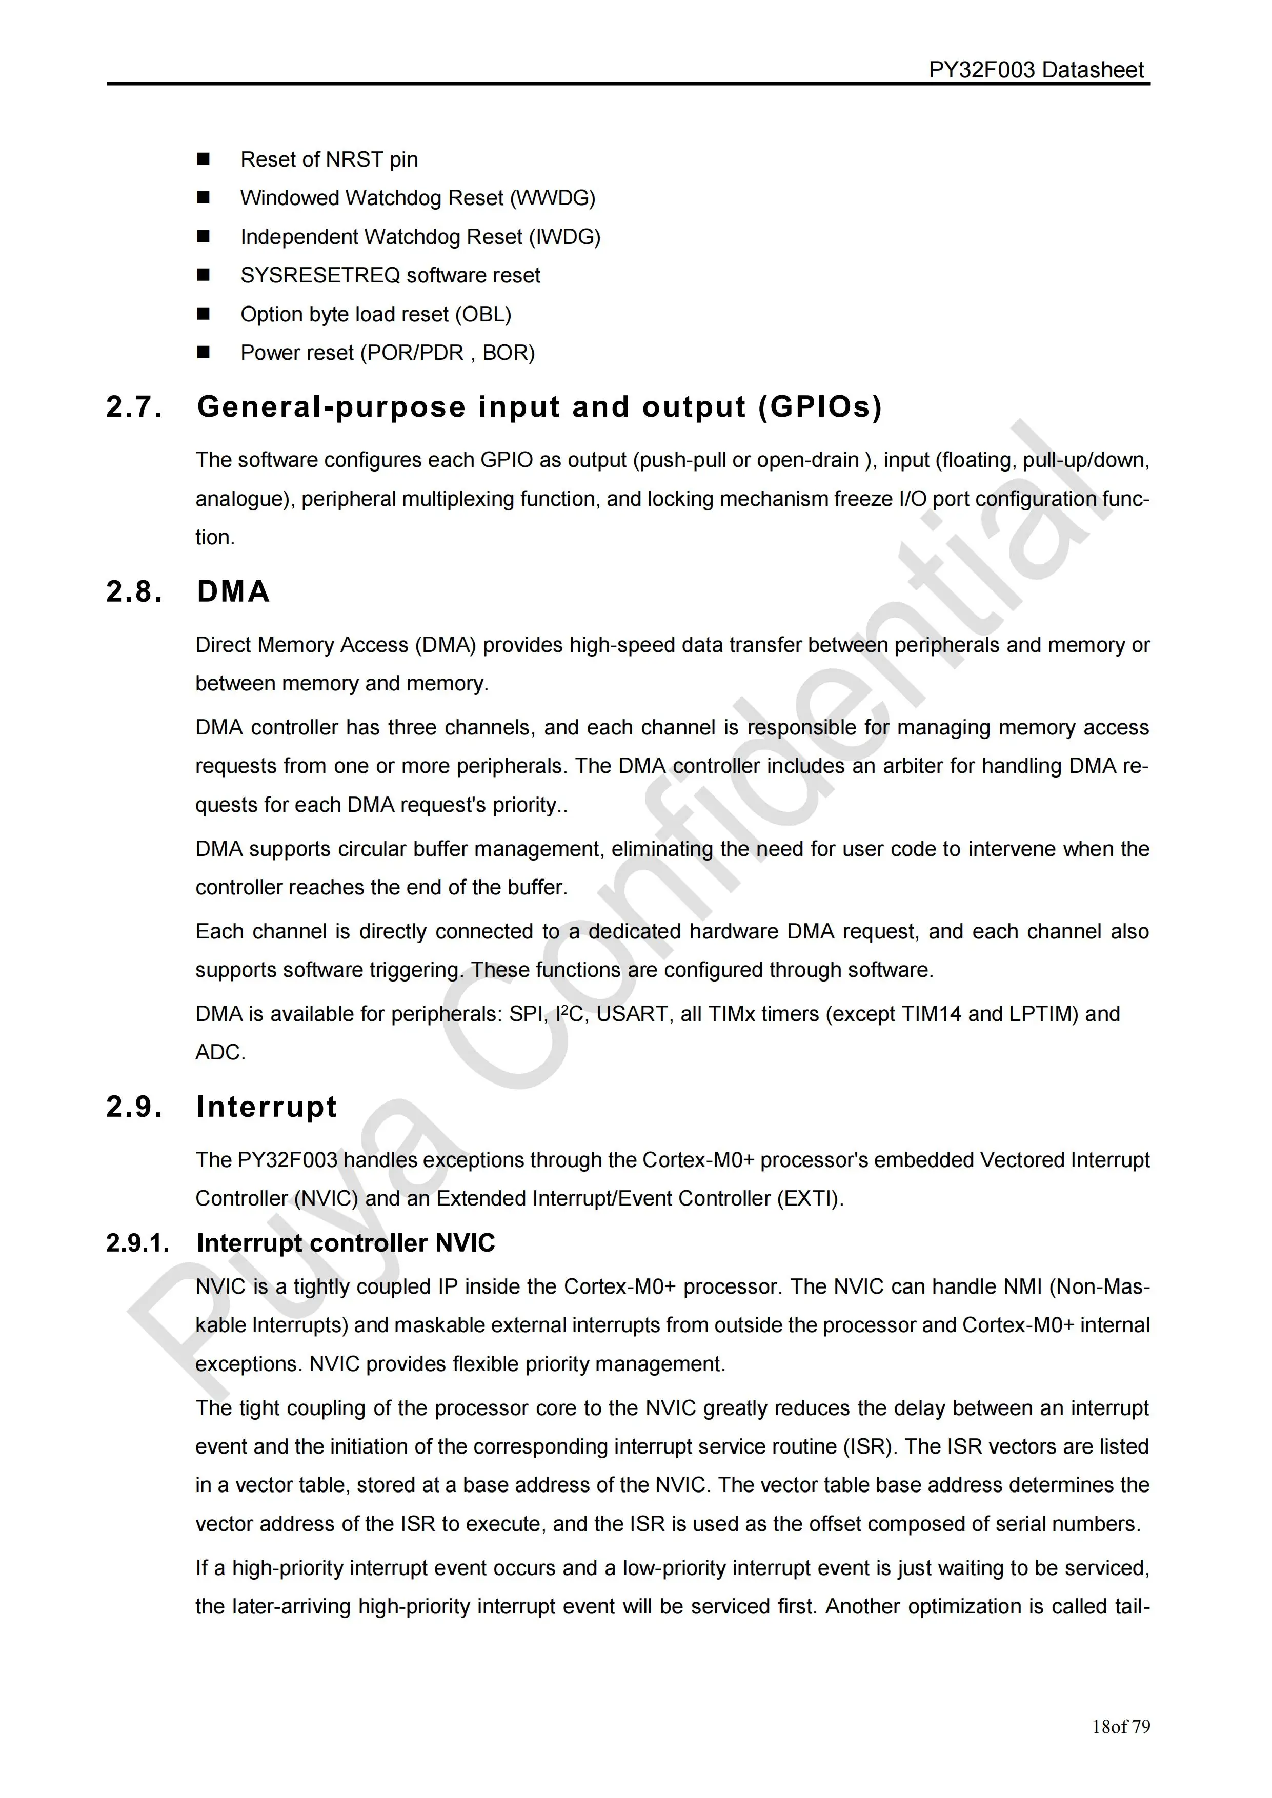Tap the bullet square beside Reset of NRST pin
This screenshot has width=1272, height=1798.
[x=204, y=159]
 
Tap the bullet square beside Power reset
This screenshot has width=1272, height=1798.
[x=204, y=353]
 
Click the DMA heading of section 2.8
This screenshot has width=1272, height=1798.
[x=233, y=592]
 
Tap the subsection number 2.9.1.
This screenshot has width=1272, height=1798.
[x=138, y=1243]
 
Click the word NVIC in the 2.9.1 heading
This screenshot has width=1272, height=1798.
[x=465, y=1243]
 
